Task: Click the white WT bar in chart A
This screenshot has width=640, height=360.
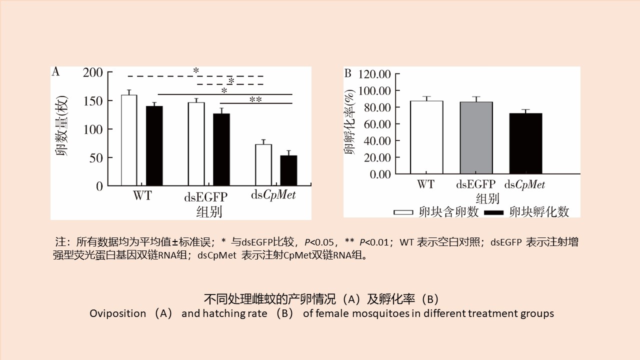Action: point(129,140)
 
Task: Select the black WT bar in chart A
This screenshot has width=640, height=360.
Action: point(154,146)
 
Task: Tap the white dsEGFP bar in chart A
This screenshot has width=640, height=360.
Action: point(196,144)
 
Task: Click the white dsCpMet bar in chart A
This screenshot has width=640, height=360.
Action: point(263,165)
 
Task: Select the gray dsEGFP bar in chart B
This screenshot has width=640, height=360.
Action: point(476,138)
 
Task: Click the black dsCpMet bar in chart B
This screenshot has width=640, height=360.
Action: point(526,143)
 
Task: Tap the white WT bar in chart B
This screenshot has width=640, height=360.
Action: point(426,137)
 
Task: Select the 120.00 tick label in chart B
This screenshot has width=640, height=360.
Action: point(374,74)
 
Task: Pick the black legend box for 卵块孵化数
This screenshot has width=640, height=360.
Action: point(494,212)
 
